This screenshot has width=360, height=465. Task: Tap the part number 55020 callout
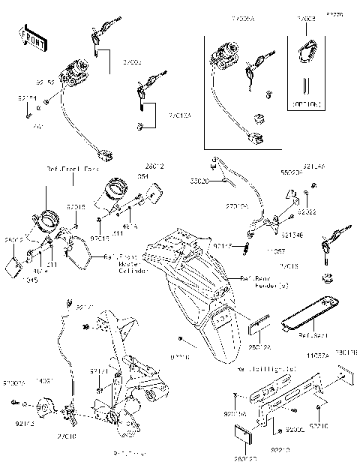point(198,181)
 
